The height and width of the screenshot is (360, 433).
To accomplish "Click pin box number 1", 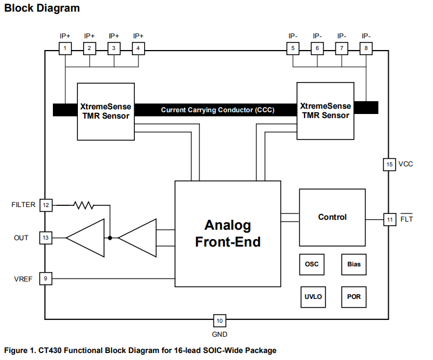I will click(x=66, y=48).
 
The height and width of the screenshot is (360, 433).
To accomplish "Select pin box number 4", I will click(x=138, y=48).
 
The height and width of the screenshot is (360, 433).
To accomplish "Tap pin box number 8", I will click(x=366, y=48).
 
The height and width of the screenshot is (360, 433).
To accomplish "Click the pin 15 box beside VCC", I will click(x=389, y=165).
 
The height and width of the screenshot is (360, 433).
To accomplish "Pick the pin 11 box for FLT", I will click(x=389, y=219).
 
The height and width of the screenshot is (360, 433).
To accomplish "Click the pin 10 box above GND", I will click(x=219, y=320).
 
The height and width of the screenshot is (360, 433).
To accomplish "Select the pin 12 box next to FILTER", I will click(x=45, y=205).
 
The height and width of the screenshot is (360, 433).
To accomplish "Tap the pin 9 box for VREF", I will click(x=45, y=279).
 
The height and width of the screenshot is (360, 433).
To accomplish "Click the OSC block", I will click(x=312, y=265).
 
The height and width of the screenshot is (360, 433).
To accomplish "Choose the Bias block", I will click(x=354, y=265).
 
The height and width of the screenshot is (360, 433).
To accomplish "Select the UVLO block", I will click(x=313, y=297).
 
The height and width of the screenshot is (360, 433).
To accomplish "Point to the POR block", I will click(x=354, y=297).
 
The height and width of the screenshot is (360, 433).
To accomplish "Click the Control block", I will click(x=332, y=217).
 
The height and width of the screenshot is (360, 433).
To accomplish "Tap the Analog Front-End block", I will click(x=228, y=233).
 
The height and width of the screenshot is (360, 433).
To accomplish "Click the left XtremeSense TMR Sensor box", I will click(x=106, y=111).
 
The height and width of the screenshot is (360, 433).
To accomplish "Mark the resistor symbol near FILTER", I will click(x=83, y=205).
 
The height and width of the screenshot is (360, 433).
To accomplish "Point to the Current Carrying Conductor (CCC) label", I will click(x=217, y=109).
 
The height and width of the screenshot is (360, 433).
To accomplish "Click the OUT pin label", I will click(x=22, y=238).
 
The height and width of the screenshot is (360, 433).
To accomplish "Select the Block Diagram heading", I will click(x=42, y=9).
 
